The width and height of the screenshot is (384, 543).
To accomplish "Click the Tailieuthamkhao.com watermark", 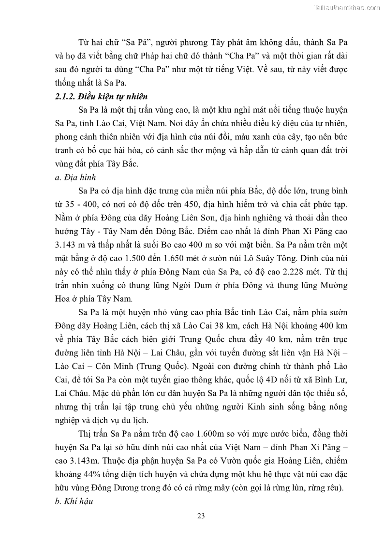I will (x=347, y=7).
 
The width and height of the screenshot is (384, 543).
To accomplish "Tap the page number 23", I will (x=201, y=515).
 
